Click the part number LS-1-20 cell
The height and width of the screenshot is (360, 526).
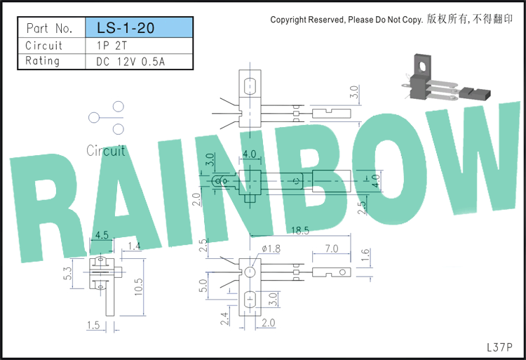140,27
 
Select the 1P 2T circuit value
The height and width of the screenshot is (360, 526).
112,46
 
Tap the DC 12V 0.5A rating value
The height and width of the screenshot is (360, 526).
130,62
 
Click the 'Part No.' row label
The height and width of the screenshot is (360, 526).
50,28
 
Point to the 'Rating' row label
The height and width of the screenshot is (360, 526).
43,61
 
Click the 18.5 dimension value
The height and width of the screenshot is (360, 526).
300,230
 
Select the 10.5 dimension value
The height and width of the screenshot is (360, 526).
138,287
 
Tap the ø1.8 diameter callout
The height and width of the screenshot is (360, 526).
271,248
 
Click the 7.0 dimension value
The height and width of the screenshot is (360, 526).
332,248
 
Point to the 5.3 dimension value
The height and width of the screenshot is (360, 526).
68,274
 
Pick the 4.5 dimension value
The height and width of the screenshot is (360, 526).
102,235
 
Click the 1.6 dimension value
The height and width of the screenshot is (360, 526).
365,255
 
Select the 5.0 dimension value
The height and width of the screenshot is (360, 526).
203,286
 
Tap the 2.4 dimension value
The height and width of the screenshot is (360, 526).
224,319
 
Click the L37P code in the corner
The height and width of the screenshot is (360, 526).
499,347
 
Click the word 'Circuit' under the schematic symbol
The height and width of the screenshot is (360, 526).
106,151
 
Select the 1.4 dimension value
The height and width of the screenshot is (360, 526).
134,246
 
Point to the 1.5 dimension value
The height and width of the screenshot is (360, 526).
93,325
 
